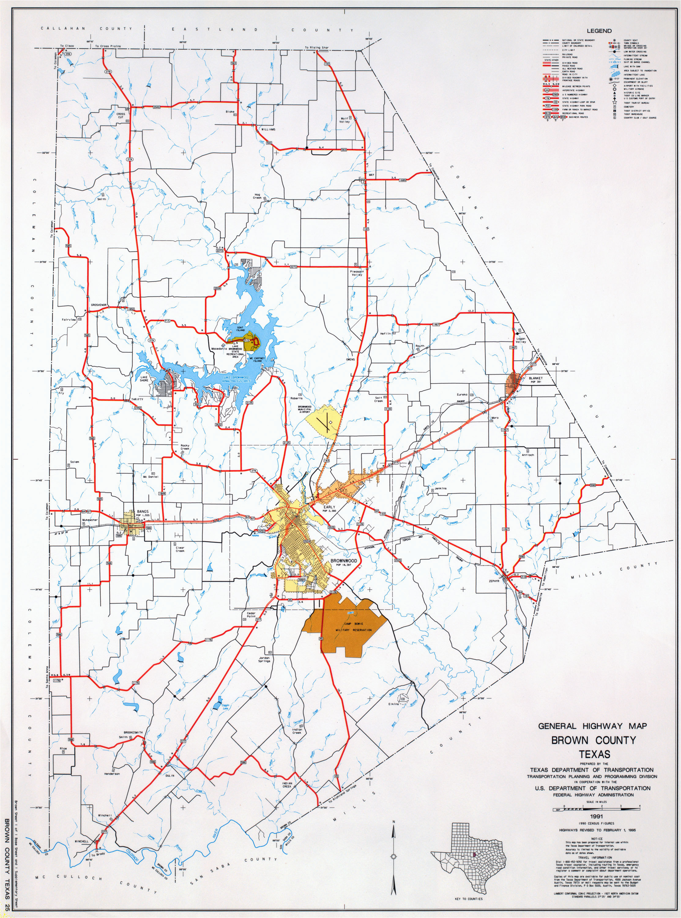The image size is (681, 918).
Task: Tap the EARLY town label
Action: click(x=329, y=507)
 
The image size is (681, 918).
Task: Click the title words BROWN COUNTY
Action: click(x=594, y=740)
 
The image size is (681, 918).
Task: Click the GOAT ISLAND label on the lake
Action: click(x=240, y=329)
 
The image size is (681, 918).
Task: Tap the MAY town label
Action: click(x=371, y=175)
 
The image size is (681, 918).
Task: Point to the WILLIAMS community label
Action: click(x=268, y=129)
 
